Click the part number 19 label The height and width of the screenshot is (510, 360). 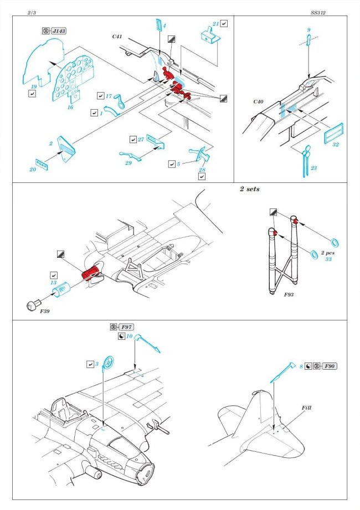click(34, 86)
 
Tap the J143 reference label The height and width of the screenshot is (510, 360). click(58, 31)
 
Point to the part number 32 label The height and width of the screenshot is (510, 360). click(336, 145)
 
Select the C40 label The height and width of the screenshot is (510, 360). click(259, 102)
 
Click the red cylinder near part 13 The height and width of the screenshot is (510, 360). click(91, 273)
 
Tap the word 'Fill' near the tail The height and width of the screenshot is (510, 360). click(307, 407)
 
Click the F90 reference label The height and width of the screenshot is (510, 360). click(330, 367)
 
